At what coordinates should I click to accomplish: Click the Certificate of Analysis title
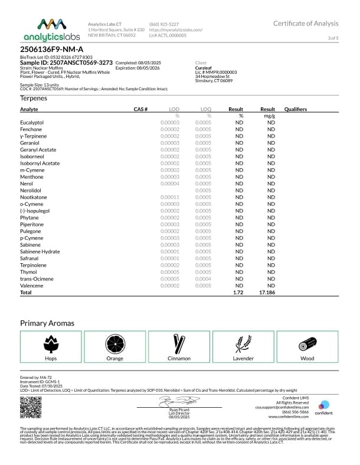[x=306, y=23]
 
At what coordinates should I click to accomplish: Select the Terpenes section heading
[x=34, y=98]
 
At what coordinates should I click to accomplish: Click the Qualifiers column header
[x=295, y=109]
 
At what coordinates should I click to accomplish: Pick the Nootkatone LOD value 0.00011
[x=170, y=197]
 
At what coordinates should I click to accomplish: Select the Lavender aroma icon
[x=244, y=343]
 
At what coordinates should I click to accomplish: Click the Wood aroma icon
[x=307, y=343]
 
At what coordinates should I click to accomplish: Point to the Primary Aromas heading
[x=47, y=323]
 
